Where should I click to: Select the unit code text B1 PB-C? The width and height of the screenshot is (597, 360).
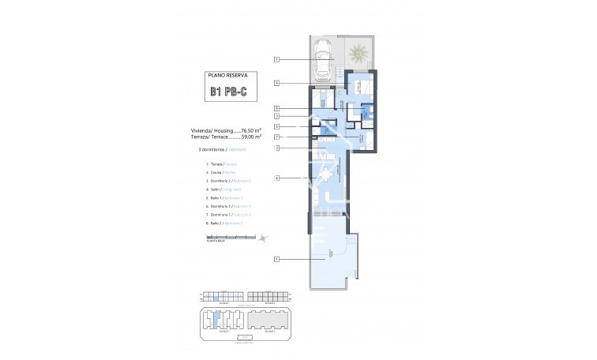coord(228,91)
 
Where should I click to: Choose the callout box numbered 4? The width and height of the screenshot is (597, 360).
coord(277,178)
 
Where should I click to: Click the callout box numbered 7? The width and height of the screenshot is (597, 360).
coord(277,137)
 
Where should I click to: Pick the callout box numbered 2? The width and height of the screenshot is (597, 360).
coord(277,148)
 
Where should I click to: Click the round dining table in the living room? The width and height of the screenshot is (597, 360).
coord(327,174)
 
